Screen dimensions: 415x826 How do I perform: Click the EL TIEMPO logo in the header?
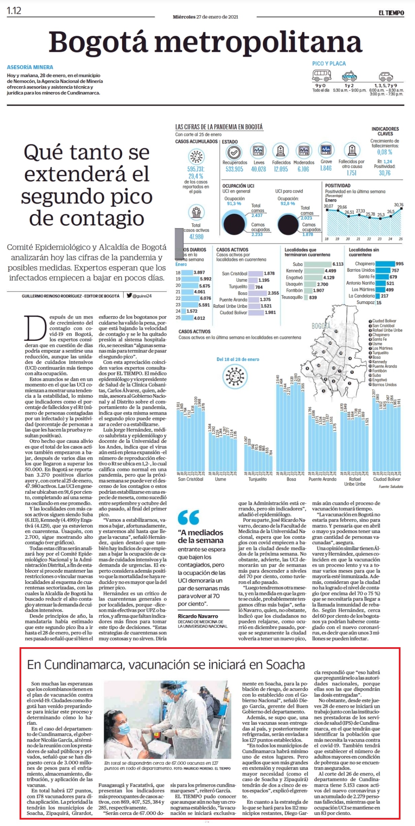[391, 13]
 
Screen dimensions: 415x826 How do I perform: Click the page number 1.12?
[14, 11]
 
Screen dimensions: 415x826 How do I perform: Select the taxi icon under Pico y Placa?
[349, 76]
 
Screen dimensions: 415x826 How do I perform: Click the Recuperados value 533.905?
[234, 169]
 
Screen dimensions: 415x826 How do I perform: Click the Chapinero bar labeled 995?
[385, 264]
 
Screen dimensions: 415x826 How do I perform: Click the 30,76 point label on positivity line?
[398, 205]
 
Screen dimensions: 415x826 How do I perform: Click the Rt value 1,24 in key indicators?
[388, 162]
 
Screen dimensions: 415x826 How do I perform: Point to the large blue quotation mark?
[188, 518]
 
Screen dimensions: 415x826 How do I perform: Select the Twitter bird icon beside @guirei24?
[129, 296]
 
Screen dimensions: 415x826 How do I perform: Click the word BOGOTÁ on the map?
[321, 326]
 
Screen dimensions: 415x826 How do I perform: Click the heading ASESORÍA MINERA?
[30, 67]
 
